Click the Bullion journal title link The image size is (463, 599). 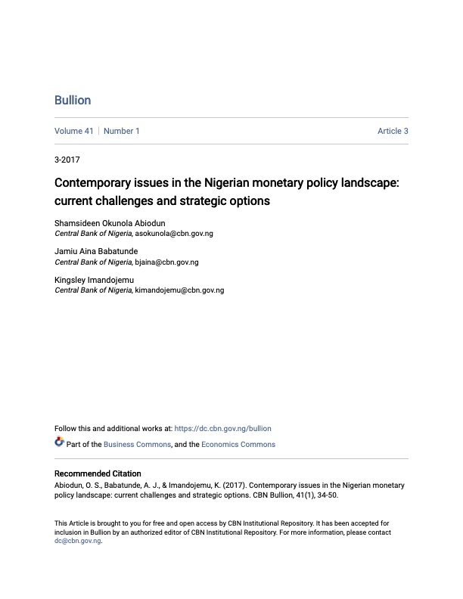pyautogui.click(x=73, y=101)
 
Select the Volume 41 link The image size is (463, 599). pyautogui.click(x=74, y=131)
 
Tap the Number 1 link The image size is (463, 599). pyautogui.click(x=122, y=131)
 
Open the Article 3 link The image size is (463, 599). pyautogui.click(x=393, y=131)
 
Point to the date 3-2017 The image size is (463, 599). pyautogui.click(x=67, y=160)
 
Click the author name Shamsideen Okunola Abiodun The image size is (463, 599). pyautogui.click(x=110, y=223)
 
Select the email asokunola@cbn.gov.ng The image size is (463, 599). pyautogui.click(x=174, y=234)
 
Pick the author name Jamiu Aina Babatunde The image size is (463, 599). pyautogui.click(x=96, y=251)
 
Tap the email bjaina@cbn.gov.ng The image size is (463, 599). pyautogui.click(x=166, y=262)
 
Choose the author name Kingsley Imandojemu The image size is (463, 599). pyautogui.click(x=94, y=280)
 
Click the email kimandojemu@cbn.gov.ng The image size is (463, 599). pyautogui.click(x=179, y=290)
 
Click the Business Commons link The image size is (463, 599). pyautogui.click(x=138, y=444)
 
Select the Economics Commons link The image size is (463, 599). pyautogui.click(x=238, y=444)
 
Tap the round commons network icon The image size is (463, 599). pyautogui.click(x=60, y=442)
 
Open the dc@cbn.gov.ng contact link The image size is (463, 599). pyautogui.click(x=77, y=541)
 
